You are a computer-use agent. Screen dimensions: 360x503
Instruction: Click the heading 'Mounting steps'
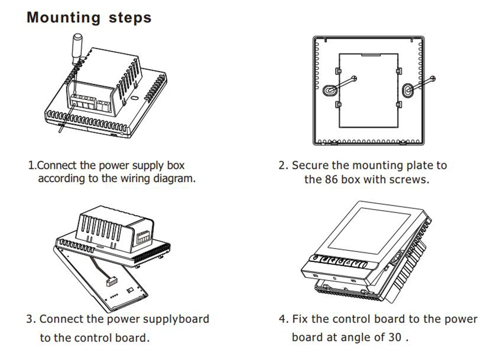89,18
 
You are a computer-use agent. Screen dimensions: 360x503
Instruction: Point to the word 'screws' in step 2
412,179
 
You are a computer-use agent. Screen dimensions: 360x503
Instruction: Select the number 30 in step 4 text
395,337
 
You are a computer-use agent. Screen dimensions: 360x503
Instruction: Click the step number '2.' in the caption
284,165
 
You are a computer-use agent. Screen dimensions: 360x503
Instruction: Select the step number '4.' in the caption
284,319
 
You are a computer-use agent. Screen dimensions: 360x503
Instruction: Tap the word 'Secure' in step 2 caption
310,165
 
